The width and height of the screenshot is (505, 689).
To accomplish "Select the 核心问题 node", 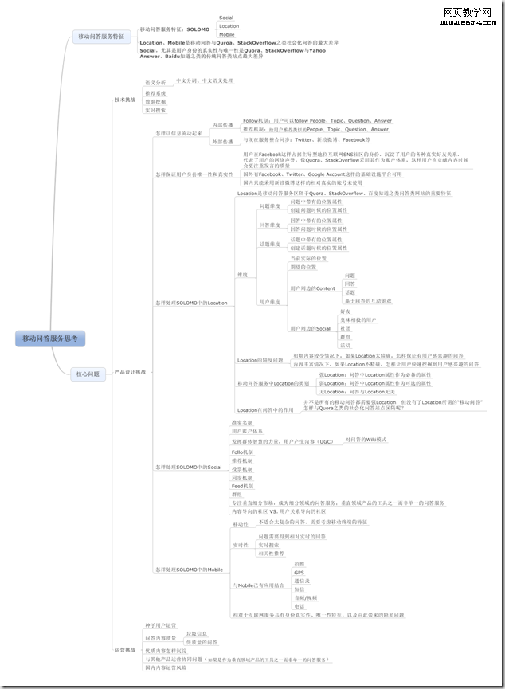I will [88, 374].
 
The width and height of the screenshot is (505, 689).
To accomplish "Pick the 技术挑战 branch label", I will [125, 100].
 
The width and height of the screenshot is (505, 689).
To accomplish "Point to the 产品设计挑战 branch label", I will [131, 372].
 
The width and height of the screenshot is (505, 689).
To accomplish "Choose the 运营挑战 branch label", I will [125, 649].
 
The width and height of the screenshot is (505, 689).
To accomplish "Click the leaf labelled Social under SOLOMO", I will [226, 17].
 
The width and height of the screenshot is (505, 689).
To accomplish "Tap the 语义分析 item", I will [155, 82].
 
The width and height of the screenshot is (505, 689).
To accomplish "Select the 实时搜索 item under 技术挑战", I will [155, 111].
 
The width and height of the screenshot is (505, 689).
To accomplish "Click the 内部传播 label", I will [221, 125].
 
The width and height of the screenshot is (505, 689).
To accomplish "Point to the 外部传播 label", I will [221, 142].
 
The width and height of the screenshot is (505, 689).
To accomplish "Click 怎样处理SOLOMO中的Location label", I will [191, 303].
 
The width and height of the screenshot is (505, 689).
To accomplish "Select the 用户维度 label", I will [269, 302].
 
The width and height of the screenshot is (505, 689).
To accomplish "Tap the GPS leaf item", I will [299, 573].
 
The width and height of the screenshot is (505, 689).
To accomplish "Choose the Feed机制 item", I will [242, 486].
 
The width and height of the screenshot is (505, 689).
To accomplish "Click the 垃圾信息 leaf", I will [197, 633].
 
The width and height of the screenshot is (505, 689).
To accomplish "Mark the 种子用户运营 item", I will [160, 626].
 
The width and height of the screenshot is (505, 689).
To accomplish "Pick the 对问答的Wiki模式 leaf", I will [366, 439].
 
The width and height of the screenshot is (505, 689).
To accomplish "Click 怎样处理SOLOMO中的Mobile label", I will [189, 570].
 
